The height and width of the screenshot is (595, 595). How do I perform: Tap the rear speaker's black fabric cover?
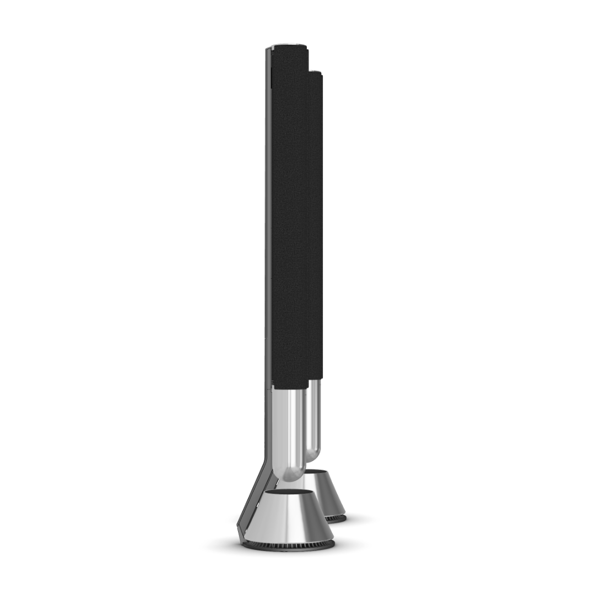click(x=316, y=220)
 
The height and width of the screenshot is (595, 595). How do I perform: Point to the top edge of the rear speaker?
click(x=315, y=72)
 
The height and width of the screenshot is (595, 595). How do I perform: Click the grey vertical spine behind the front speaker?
click(x=268, y=220)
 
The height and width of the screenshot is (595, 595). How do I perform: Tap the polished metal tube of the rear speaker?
click(x=313, y=419)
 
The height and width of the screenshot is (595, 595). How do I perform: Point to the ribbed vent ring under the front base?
click(x=289, y=546)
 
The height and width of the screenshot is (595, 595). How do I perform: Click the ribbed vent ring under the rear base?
click(x=336, y=518)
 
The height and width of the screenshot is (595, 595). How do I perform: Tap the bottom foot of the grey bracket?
click(x=241, y=537)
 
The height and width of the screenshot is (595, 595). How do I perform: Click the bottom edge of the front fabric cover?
click(x=289, y=387)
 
